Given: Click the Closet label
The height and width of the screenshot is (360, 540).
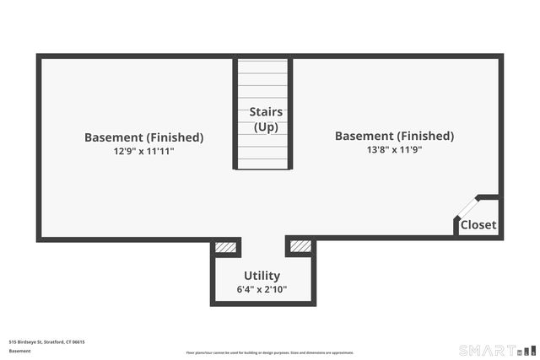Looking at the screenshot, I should tap(478, 225).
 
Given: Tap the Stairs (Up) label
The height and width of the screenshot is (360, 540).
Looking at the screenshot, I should tap(266, 120).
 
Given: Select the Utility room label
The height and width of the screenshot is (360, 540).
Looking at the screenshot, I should tap(262, 276).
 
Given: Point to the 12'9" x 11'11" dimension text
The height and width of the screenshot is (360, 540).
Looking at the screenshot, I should tap(143, 151).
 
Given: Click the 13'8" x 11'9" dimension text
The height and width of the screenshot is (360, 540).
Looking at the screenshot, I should tap(394, 149).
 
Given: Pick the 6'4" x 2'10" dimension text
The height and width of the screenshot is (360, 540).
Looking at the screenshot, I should tap(262, 290).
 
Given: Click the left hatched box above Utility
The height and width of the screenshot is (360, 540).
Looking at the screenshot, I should tap(225, 247).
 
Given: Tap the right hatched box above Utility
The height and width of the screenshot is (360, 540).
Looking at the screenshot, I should tap(300, 246).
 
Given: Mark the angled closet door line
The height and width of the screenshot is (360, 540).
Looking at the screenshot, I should tap(467, 207).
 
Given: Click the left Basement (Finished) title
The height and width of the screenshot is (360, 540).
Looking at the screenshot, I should tap(143, 137).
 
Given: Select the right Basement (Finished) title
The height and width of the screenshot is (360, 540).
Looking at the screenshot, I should tap(394, 136).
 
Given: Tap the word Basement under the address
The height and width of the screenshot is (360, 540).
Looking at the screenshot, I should tap(19, 351).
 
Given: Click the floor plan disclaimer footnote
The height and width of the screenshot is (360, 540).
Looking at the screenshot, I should tap(270, 352).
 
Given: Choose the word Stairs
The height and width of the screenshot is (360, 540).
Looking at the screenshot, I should tap(266, 112).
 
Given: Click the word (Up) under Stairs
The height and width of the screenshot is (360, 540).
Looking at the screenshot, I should tap(266, 127).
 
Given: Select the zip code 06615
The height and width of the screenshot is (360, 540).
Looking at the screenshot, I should tap(78, 341).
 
